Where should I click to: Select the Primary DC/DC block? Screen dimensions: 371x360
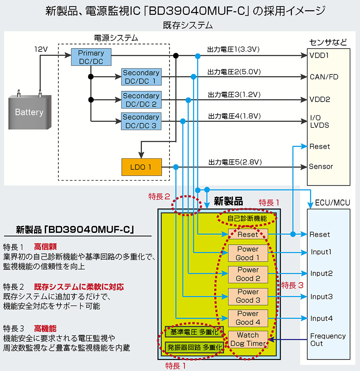91,57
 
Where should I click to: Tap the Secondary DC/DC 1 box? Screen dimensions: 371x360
141,77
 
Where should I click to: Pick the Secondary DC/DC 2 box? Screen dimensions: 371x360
141,100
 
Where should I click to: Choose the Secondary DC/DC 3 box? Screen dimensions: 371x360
141,121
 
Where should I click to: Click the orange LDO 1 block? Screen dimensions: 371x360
141,167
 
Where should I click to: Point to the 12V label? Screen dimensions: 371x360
41,49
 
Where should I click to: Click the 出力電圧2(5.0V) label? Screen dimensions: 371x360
234,72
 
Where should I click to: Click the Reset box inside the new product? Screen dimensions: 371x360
248,234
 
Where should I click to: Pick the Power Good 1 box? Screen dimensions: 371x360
248,253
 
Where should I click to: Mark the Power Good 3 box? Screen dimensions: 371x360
248,296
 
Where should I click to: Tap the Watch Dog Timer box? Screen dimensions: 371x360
248,339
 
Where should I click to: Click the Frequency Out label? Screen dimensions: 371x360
327,340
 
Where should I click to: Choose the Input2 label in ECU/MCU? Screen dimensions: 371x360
321,274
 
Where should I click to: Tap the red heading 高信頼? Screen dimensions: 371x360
45,247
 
